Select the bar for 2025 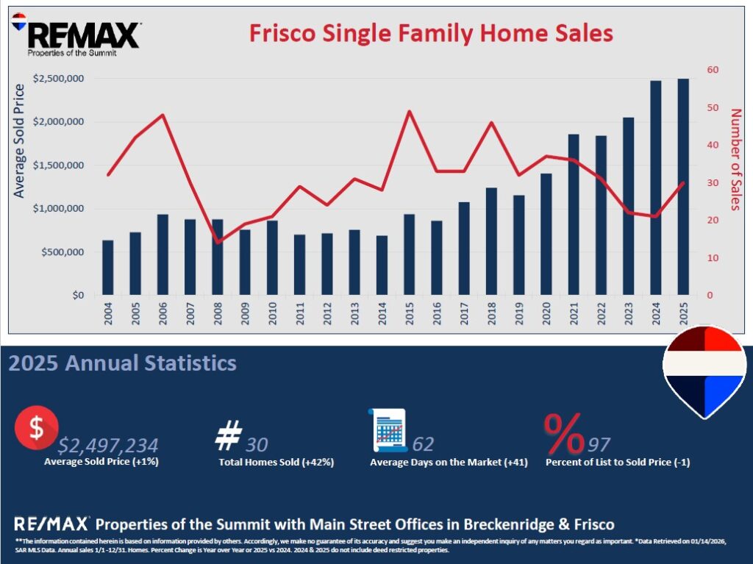pyautogui.click(x=683, y=187)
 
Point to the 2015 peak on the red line pyautogui.click(x=409, y=111)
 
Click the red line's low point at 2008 pyautogui.click(x=218, y=242)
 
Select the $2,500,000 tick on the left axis pyautogui.click(x=58, y=79)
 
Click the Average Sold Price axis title pyautogui.click(x=20, y=141)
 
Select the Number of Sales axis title pyautogui.click(x=735, y=159)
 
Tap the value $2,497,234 pyautogui.click(x=108, y=445)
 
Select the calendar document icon pyautogui.click(x=388, y=431)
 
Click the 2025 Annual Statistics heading pyautogui.click(x=122, y=363)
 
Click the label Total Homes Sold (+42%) pyautogui.click(x=276, y=463)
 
